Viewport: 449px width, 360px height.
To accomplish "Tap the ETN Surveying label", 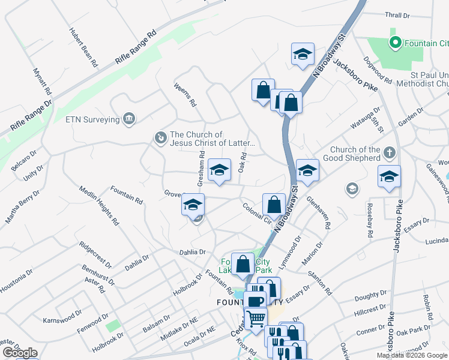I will click(x=92, y=119).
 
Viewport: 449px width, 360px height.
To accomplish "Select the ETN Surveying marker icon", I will click(x=128, y=119).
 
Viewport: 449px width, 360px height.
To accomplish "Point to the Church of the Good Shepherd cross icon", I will click(x=389, y=154).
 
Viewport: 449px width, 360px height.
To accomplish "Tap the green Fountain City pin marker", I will click(x=395, y=43).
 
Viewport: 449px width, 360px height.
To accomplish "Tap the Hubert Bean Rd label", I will click(x=83, y=46).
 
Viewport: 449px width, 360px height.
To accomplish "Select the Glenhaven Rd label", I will click(x=319, y=213).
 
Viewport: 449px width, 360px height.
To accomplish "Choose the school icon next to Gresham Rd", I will click(x=219, y=170).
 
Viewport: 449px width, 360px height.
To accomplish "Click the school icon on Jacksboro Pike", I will click(x=389, y=177).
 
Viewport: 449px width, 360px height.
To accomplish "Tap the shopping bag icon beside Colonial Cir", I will click(x=274, y=203).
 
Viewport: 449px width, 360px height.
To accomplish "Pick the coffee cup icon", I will click(x=255, y=301).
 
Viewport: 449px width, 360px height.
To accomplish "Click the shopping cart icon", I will click(x=256, y=317).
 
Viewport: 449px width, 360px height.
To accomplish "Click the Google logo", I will click(x=20, y=353).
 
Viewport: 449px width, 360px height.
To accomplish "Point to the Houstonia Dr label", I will click(x=16, y=283).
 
